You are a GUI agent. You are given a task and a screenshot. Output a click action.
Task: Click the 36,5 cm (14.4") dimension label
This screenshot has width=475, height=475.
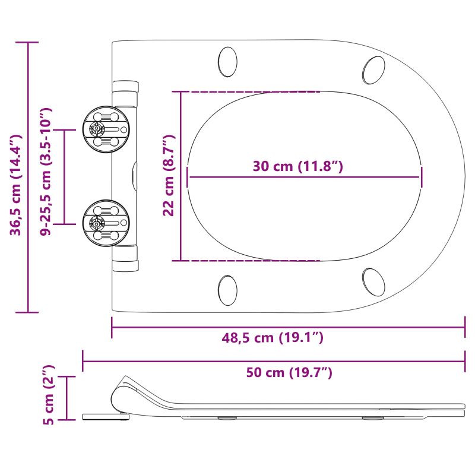tap(16, 185)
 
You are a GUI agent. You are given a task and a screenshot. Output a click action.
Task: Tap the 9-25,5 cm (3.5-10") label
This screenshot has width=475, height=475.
tap(46, 172)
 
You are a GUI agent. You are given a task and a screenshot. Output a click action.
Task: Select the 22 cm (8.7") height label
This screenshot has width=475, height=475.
tap(169, 175)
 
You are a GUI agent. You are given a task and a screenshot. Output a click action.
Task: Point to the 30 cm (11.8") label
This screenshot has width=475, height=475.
tap(298, 166)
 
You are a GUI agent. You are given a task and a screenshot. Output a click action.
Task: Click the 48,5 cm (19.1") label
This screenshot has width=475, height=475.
tap(273, 337)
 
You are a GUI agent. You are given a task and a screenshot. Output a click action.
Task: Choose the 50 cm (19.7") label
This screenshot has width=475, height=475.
tap(289, 372)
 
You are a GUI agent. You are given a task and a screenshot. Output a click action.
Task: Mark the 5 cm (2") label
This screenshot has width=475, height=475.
tap(49, 395)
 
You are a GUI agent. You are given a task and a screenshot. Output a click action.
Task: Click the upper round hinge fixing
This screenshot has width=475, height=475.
tap(106, 129)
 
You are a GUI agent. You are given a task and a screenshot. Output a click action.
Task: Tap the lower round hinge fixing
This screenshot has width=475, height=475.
tap(106, 223)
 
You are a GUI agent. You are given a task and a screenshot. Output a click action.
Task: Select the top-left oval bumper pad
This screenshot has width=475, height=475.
tap(227, 62)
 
